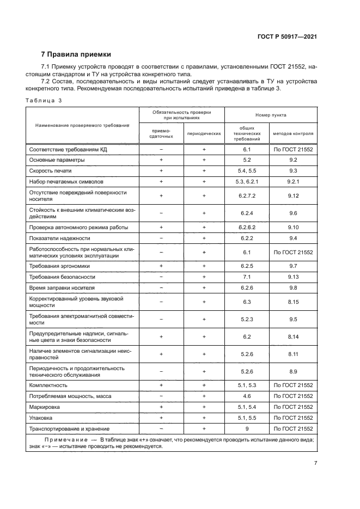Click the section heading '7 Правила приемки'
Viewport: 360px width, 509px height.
[76, 54]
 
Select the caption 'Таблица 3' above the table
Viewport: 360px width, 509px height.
[44, 101]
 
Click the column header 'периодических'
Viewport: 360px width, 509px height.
[204, 133]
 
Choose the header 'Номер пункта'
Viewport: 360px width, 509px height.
[271, 115]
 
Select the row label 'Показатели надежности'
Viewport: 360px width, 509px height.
[59, 238]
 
